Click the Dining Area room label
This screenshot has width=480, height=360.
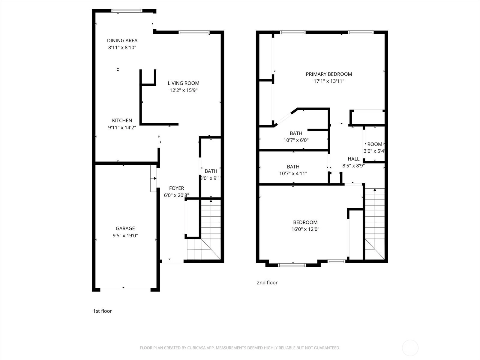(122, 41)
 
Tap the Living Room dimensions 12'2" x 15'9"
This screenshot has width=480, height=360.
(184, 90)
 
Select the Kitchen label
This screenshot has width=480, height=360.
(122, 120)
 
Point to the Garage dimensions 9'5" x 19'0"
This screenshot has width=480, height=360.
(125, 235)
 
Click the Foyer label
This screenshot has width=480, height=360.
(176, 188)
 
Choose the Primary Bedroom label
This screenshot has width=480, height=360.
(329, 74)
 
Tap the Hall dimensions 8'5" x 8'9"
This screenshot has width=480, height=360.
(353, 166)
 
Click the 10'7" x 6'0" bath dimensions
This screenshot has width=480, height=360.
(296, 140)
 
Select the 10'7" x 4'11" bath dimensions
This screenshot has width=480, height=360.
(293, 174)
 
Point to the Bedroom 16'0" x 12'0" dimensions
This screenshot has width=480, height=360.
(305, 229)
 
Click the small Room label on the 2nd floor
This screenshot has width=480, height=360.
(375, 144)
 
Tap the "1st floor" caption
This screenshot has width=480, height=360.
(102, 311)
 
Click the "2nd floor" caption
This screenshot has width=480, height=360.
(267, 283)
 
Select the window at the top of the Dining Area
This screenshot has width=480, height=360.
(127, 11)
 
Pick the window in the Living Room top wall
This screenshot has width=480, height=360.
(194, 32)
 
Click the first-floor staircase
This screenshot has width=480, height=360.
(204, 229)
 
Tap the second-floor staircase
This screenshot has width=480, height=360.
(375, 224)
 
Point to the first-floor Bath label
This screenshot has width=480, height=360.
(211, 171)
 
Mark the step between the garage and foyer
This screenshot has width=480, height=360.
(154, 178)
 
